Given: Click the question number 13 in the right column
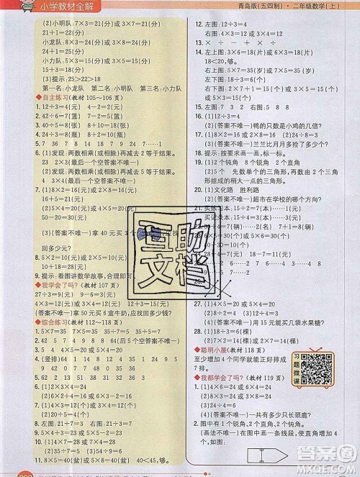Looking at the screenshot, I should coord(199,43).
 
